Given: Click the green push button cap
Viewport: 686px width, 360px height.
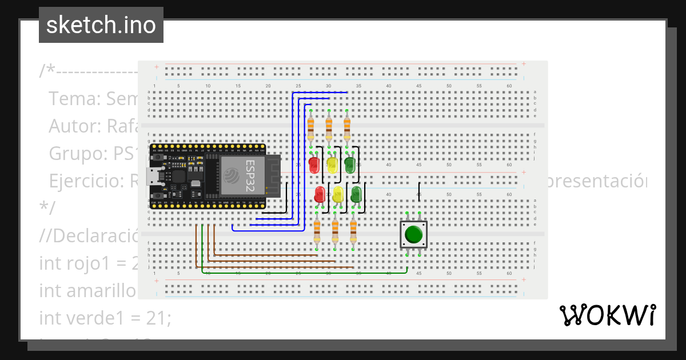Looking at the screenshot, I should pos(413,235).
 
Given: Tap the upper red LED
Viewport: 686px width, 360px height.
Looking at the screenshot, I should pos(314,166).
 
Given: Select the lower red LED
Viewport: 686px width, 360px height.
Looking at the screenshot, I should pos(320,194).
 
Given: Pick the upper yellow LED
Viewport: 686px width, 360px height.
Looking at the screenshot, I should pos(332,166).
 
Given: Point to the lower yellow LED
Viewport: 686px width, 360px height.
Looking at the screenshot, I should pos(338,194).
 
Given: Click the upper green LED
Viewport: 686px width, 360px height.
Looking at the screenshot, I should pos(350,166).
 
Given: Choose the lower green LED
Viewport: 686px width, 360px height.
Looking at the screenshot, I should pos(357,194).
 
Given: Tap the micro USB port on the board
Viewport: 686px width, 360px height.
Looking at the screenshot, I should pos(154,175).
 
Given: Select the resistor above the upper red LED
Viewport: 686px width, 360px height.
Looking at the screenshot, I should pos(310,128).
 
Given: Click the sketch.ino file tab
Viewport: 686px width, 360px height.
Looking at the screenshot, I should pos(101,25).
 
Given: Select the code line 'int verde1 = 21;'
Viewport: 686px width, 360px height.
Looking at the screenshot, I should pos(105,318).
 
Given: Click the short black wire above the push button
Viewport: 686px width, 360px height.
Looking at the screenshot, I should pos(420,190).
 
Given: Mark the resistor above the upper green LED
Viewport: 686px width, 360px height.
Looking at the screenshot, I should pos(347,128).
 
